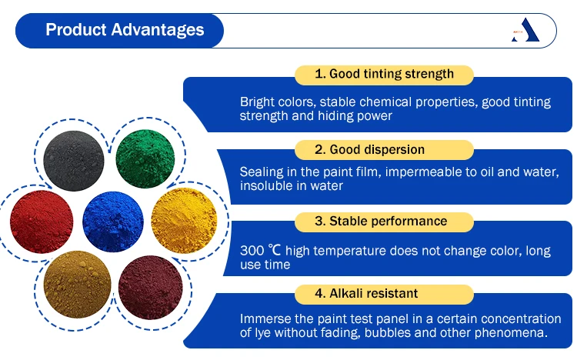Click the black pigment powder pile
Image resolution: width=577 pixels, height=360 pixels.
[x=74, y=161]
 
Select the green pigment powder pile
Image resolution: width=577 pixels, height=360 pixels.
[x=145, y=158]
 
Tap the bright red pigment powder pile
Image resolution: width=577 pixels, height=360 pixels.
[x=42, y=222]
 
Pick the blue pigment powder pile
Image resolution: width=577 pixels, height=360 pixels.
[x=113, y=222]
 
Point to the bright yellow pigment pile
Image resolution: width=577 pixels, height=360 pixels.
[x=184, y=221]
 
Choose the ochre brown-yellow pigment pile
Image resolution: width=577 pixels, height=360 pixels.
[x=77, y=284]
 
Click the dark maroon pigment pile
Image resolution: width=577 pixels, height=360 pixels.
[x=151, y=288]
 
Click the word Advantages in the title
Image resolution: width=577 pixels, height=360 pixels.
[x=158, y=30]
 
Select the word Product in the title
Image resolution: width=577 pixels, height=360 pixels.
[x=76, y=29]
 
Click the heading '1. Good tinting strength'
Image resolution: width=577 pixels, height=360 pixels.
[x=384, y=74]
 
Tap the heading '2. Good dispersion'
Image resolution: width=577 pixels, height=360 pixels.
[x=369, y=149]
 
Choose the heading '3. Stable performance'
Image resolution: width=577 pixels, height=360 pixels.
[x=381, y=221]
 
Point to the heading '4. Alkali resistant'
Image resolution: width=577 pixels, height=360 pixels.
[x=366, y=293]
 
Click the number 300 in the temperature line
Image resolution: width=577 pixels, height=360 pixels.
[x=252, y=251]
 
